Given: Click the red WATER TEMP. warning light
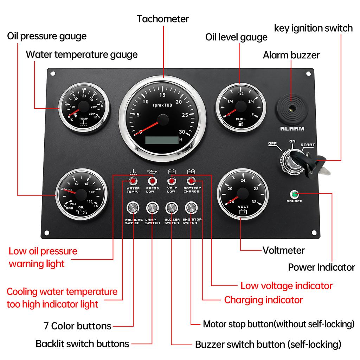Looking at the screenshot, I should [133, 181].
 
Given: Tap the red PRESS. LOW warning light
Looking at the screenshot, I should [152, 181].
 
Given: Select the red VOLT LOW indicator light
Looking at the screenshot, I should [172, 181].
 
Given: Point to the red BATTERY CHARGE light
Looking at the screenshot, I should [191, 181].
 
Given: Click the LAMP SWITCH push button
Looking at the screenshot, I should [152, 208].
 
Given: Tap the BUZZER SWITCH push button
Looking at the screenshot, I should [172, 208].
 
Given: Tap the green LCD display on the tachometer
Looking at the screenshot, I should [162, 140].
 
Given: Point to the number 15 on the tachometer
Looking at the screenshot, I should [162, 95].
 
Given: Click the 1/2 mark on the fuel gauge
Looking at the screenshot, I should [241, 94].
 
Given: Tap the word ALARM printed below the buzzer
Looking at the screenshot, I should [292, 129].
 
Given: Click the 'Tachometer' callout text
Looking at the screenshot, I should [163, 19].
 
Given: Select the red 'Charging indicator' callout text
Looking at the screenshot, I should [263, 300].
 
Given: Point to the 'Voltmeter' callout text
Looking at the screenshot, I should [283, 250].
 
